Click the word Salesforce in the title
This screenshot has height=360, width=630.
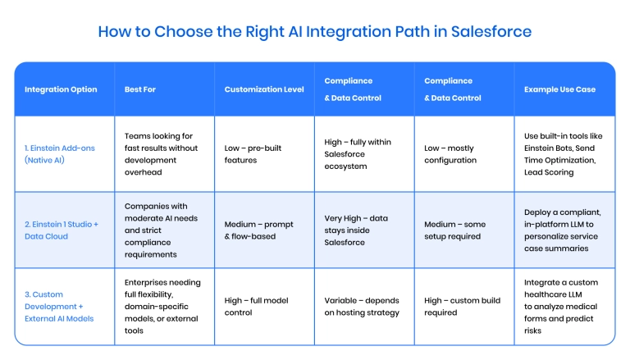click(x=491, y=31)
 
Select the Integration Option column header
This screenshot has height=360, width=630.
click(x=61, y=89)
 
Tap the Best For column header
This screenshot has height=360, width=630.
click(x=139, y=89)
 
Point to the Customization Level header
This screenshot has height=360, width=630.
click(x=264, y=89)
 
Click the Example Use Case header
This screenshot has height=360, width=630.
click(x=559, y=89)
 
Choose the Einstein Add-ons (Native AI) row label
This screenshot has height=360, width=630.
click(x=59, y=154)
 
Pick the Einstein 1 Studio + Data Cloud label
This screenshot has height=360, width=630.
click(x=61, y=230)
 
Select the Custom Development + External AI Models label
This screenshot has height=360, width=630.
click(x=59, y=307)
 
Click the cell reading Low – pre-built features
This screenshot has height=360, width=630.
click(x=253, y=154)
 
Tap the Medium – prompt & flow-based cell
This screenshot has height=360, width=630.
click(x=258, y=230)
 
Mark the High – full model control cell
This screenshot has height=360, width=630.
click(x=256, y=307)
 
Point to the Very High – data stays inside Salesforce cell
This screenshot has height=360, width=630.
click(x=356, y=230)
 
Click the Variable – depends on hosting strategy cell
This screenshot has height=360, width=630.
click(x=362, y=307)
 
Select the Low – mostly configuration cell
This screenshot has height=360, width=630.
click(x=450, y=154)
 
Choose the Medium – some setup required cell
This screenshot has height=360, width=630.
click(x=454, y=230)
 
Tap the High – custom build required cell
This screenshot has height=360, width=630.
click(x=462, y=307)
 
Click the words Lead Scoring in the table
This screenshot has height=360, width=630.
click(x=549, y=172)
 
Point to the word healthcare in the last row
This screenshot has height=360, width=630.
click(x=552, y=294)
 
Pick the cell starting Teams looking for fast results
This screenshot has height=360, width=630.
click(x=161, y=154)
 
